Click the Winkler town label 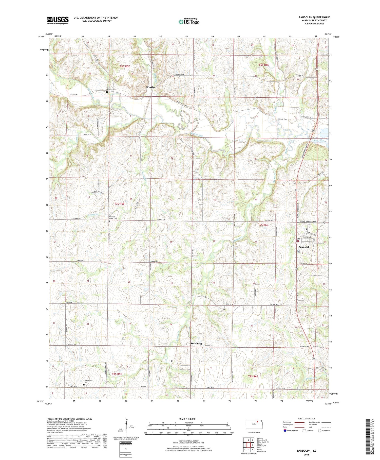pos(151,87)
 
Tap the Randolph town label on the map pos(304,247)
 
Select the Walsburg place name pos(196,343)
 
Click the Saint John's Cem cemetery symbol pos(107,92)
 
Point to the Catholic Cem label pos(282,119)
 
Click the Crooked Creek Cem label pos(113,218)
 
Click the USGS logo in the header pos(58,20)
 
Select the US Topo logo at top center pos(189,22)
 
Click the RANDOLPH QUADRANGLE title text pos(314,17)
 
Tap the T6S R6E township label pos(264,65)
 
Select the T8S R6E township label pos(253,376)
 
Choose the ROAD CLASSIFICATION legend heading pos(307,419)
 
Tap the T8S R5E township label pos(117,374)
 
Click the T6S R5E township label pos(125,66)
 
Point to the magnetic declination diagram pos(126,427)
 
